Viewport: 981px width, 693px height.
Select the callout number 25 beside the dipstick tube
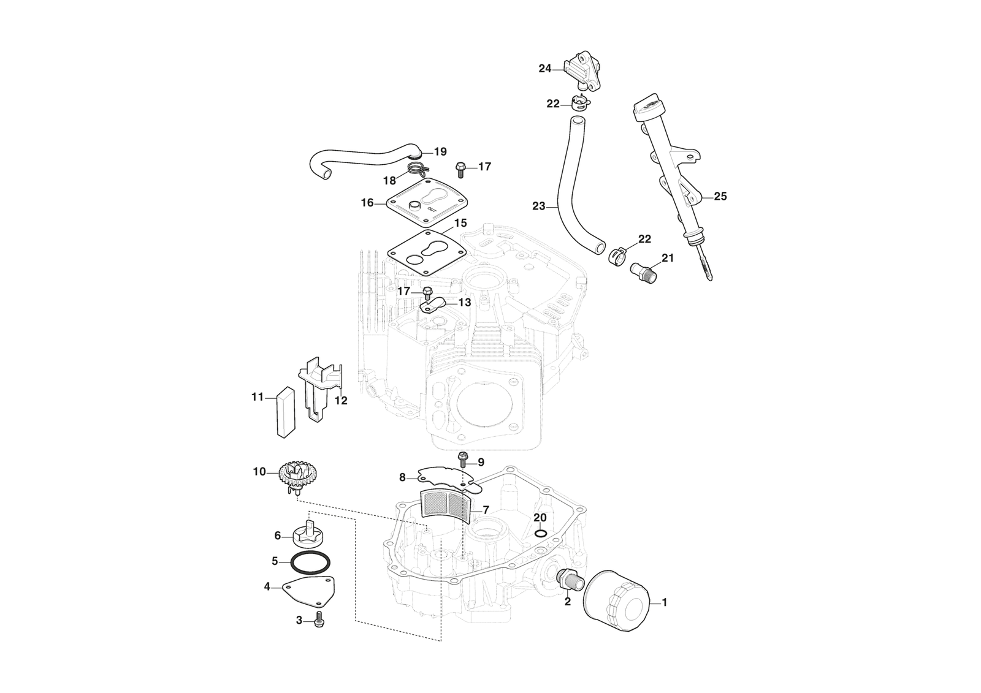point(720,197)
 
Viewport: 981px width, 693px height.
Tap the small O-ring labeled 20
point(540,532)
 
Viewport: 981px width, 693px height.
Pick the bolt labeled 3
point(319,621)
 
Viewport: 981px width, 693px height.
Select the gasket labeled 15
point(424,250)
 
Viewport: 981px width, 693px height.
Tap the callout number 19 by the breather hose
point(440,152)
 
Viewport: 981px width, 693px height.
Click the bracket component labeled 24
point(580,70)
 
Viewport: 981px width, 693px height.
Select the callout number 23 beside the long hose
point(538,206)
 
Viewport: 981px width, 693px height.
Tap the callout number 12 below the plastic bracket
point(341,401)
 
